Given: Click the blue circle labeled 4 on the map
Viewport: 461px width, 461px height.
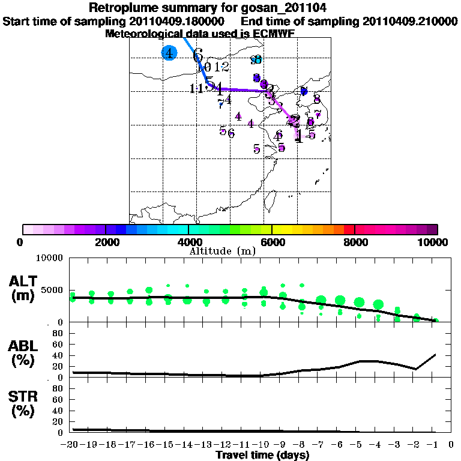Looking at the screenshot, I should click(169, 53).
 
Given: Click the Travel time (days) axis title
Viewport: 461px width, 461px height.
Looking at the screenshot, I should click(262, 455).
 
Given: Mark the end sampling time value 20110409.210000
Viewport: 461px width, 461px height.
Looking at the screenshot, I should click(410, 21).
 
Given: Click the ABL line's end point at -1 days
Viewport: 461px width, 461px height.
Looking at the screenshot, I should click(435, 354).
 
